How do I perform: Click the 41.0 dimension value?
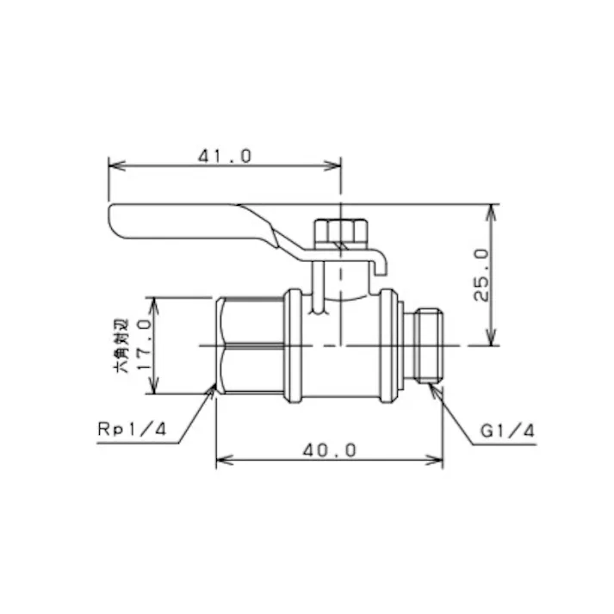225,155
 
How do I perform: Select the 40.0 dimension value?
329,450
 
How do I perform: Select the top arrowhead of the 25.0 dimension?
493,210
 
